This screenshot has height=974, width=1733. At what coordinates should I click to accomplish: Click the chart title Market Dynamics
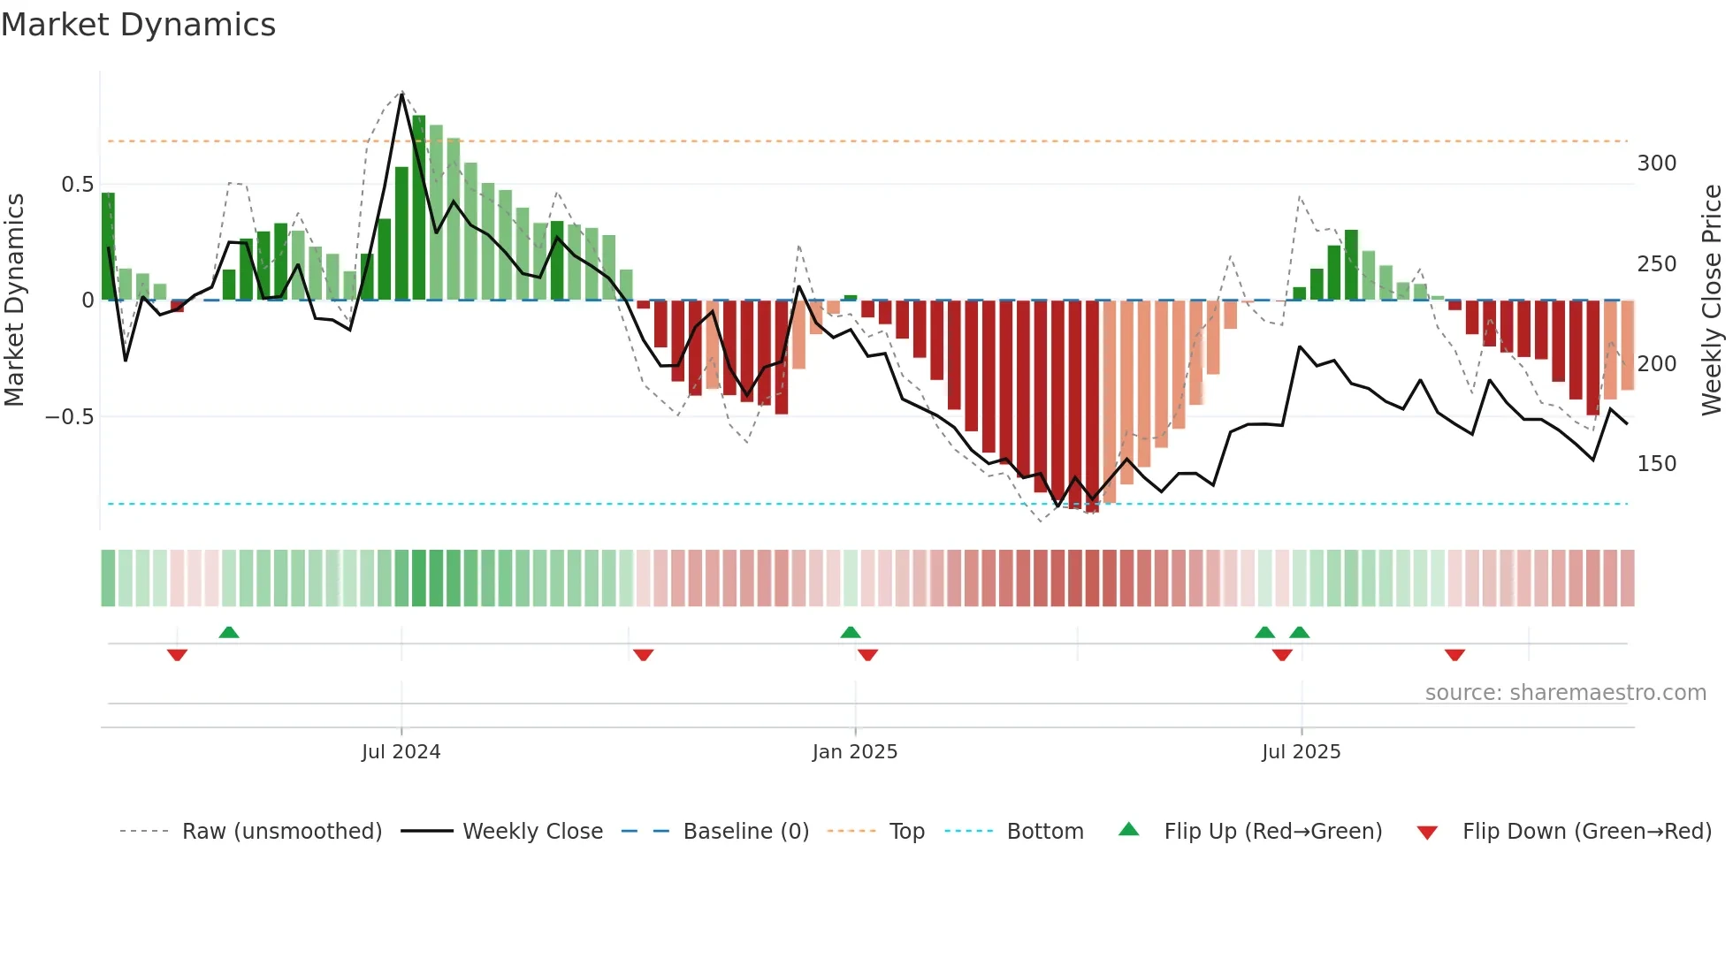coord(139,25)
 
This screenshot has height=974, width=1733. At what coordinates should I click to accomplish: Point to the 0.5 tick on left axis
coord(77,185)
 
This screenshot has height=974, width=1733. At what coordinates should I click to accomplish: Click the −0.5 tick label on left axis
coord(70,416)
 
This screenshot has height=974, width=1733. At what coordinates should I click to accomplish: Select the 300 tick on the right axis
coord(1656,164)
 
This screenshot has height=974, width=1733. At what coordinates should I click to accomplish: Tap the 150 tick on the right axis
coord(1656,464)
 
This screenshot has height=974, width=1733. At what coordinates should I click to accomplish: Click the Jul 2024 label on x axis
coord(401,752)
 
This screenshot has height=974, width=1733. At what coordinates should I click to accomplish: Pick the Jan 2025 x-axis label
coord(854,752)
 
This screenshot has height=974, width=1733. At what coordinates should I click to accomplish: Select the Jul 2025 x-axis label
coord(1301,752)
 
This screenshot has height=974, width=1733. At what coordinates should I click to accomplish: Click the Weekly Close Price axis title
coord(1712,301)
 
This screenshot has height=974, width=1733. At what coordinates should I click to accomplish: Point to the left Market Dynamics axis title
coord(14,301)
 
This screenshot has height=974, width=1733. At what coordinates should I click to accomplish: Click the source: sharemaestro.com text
coord(1565,693)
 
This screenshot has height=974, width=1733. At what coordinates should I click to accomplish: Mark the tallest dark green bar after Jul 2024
coord(419,208)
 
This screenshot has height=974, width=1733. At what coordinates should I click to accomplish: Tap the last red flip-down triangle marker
coord(1454,655)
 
